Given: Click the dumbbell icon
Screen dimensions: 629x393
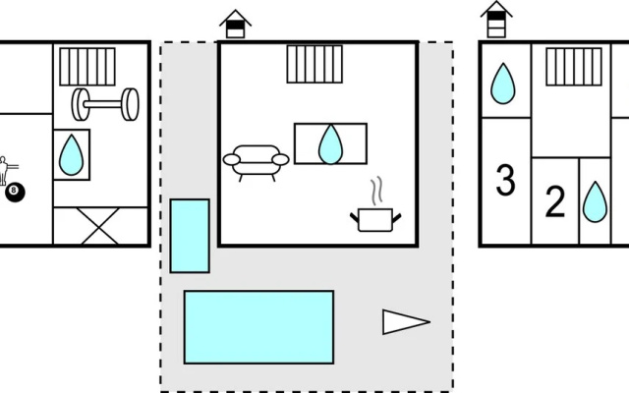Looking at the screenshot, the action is pos(105,104).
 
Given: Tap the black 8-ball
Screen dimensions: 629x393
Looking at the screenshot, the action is pos(15,193).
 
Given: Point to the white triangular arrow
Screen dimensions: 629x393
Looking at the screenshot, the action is pos(405,321).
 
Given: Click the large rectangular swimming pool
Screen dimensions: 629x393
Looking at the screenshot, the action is pos(258,327).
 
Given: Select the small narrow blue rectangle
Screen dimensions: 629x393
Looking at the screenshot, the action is pos(190,236).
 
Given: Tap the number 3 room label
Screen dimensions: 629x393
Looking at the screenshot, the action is pos(505,181).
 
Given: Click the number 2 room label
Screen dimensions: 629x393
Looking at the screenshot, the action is pos(555,201).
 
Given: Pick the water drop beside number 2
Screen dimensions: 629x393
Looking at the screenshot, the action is pos(595,202).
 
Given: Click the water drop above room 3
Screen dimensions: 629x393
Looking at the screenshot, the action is pos(503,84).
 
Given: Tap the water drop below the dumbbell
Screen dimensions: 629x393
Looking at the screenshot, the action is pos(71,155).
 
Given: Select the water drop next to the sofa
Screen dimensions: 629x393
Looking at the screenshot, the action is pos(330,144).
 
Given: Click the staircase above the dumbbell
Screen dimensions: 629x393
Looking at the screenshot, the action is pos(87,67).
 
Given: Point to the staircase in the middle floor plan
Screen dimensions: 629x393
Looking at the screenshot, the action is pos(314,64).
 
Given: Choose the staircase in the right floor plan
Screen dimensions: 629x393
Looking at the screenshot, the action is pos(574,67).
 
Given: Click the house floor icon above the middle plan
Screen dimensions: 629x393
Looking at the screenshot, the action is pos(235,24).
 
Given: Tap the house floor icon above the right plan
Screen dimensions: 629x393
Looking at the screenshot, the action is pos(496,20).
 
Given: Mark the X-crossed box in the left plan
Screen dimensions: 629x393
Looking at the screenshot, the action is pos(100,225).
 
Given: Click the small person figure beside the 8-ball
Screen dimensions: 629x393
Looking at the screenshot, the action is pos(4,170).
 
